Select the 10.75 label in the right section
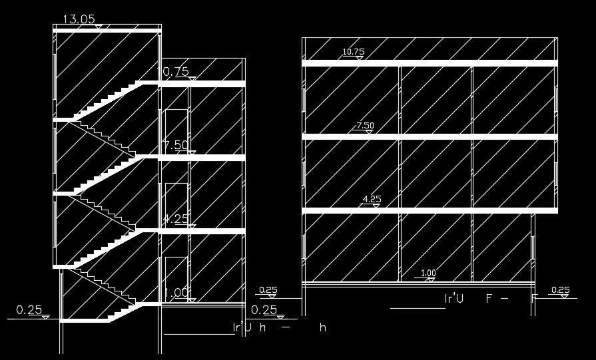tap(354, 52)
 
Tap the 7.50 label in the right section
tap(366, 126)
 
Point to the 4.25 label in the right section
tap(370, 199)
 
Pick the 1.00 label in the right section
tap(429, 273)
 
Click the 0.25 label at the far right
tap(561, 290)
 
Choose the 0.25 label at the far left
tap(29, 309)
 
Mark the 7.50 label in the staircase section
tap(176, 146)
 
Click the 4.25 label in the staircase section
tap(176, 219)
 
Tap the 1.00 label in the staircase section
tap(176, 292)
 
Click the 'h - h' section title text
tap(279, 327)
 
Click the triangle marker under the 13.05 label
tap(99, 27)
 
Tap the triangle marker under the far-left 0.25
tap(46, 317)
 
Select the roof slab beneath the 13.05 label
tap(107, 31)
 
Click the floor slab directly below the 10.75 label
tap(430, 63)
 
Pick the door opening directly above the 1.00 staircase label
tap(174, 274)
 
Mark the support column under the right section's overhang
tap(533, 246)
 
